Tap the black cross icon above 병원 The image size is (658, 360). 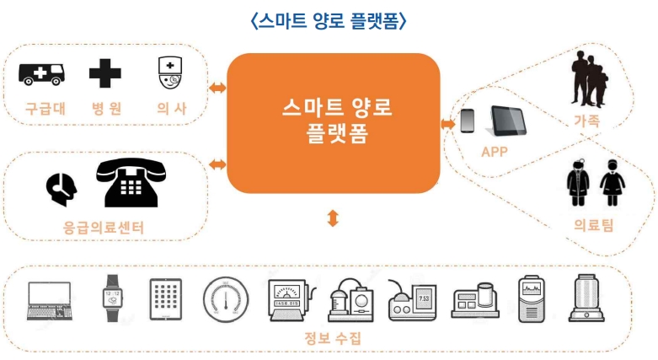105,74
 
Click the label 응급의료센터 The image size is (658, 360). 104,227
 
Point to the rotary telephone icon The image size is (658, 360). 128,182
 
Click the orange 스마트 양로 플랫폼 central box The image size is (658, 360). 334,122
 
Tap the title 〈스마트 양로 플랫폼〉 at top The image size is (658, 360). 329,21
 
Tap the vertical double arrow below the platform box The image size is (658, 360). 334,218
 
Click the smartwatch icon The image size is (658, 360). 113,299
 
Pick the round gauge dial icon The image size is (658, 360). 226,298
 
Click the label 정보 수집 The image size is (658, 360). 333,339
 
